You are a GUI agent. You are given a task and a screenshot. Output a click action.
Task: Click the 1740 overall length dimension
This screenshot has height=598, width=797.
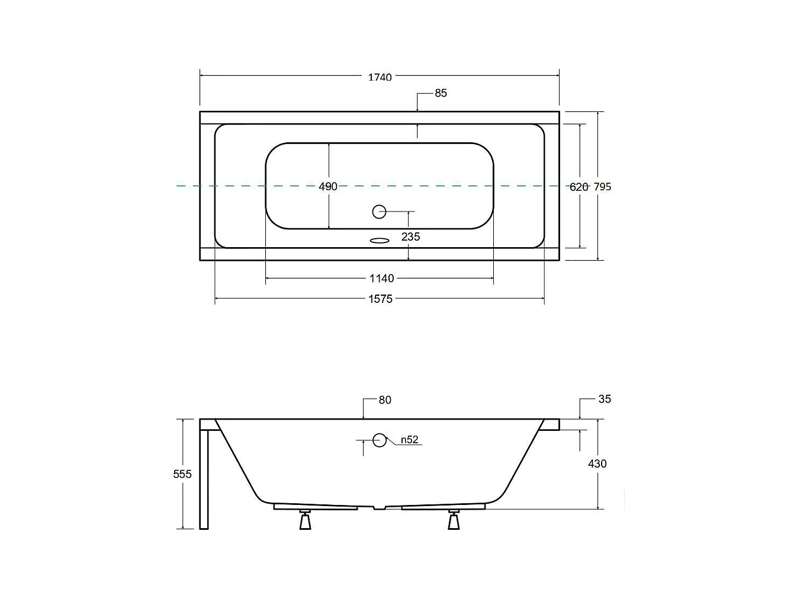point(380,77)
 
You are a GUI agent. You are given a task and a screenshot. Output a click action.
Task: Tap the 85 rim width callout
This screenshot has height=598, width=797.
point(441,93)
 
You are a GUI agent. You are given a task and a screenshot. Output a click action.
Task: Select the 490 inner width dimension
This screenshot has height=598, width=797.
point(328,186)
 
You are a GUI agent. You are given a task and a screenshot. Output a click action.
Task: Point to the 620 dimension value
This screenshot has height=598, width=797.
point(579,187)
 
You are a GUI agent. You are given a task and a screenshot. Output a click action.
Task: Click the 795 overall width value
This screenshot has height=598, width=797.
point(603,187)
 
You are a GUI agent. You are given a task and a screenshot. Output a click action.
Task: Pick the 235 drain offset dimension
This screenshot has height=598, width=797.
point(411,237)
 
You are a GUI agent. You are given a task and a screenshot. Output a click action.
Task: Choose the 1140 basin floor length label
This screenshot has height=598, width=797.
point(381,279)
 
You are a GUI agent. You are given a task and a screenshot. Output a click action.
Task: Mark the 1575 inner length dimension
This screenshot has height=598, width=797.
point(381,299)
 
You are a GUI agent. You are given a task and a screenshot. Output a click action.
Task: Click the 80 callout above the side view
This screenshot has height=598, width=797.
point(385,400)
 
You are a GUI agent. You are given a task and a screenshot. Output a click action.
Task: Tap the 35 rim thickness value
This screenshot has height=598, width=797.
point(605,399)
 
